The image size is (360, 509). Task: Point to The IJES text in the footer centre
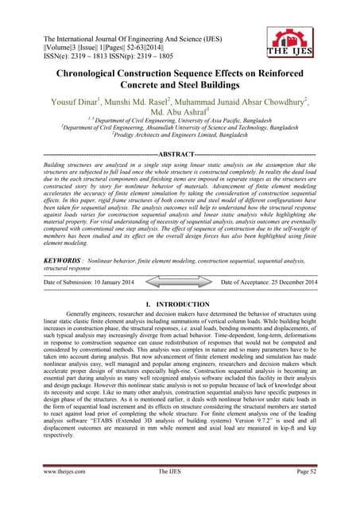click(180, 492)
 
